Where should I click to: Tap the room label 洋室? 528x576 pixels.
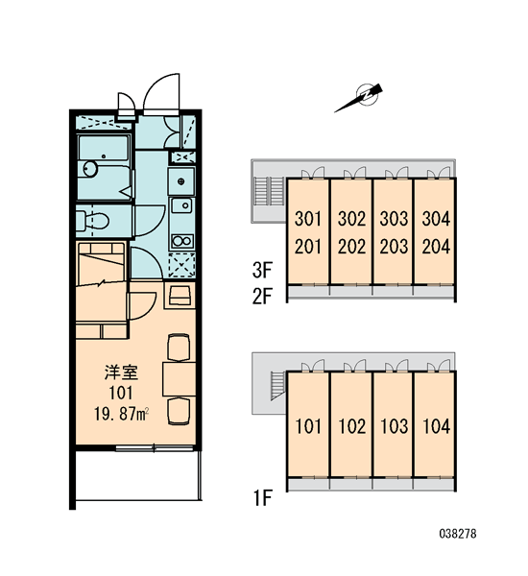(121, 372)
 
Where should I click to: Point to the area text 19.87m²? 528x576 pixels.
(121, 415)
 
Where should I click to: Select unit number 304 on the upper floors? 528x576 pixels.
(436, 219)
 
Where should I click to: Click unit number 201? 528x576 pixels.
(308, 247)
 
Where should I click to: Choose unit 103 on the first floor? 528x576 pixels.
(394, 426)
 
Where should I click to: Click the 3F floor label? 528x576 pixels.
(262, 270)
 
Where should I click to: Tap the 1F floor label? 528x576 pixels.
(262, 497)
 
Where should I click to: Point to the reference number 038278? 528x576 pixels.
(458, 534)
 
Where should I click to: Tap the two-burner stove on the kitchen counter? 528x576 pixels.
(182, 241)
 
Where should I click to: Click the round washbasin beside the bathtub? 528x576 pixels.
(89, 169)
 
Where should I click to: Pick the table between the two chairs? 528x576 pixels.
(180, 379)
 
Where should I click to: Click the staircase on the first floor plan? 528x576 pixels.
(277, 385)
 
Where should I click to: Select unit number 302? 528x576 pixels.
(351, 219)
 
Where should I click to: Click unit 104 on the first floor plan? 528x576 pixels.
(437, 426)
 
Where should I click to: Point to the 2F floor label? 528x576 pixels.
(262, 297)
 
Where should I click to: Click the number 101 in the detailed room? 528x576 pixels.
(121, 393)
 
